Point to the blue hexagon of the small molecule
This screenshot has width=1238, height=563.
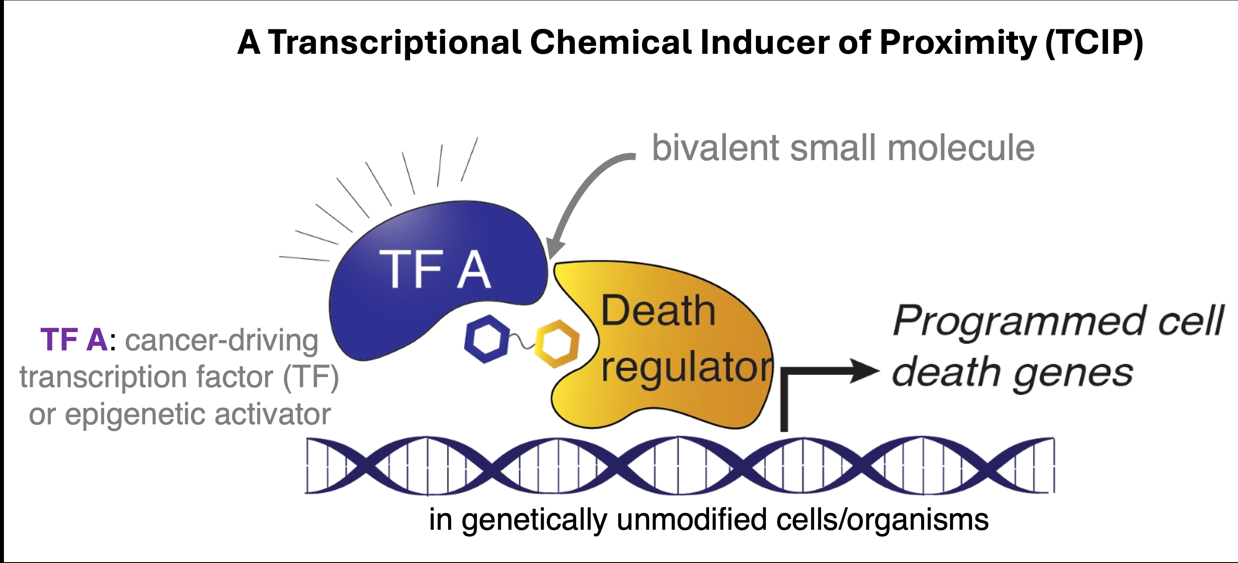tap(487, 339)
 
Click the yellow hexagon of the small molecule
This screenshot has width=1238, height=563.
tap(557, 344)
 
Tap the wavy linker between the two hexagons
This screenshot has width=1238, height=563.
tap(522, 343)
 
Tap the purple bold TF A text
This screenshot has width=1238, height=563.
tap(74, 340)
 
